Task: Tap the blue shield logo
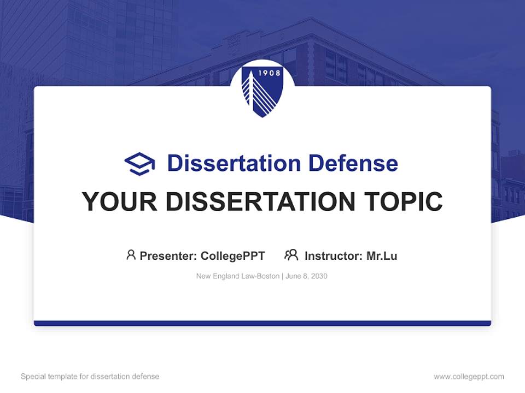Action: click(x=262, y=90)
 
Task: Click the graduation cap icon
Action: click(x=139, y=164)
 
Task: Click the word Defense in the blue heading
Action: click(x=353, y=163)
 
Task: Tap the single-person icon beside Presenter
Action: click(x=131, y=255)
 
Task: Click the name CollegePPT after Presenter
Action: click(x=233, y=256)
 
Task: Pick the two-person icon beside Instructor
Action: click(x=291, y=255)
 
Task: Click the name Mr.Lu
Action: click(x=382, y=256)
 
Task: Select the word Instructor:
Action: click(x=333, y=256)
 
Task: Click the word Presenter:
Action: click(x=168, y=256)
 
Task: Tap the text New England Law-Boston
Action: click(x=238, y=276)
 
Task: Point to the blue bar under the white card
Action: click(x=262, y=323)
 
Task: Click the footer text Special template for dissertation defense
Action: click(x=90, y=377)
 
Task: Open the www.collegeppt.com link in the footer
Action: click(x=469, y=377)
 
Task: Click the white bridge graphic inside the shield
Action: click(x=259, y=96)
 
